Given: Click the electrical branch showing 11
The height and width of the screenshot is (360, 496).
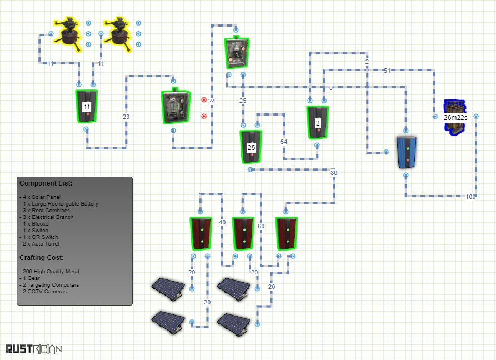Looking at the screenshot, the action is (86, 106).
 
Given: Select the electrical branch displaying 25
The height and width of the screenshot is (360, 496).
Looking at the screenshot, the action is (251, 147).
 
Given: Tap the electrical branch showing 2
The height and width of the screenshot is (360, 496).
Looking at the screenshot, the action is (317, 122).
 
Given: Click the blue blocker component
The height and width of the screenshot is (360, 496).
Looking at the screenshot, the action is (407, 152).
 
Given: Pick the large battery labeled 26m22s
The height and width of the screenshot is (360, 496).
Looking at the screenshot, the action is (455, 117).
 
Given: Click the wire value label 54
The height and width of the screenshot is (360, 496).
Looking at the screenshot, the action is (284, 142).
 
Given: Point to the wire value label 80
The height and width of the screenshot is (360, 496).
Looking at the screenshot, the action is (334, 173).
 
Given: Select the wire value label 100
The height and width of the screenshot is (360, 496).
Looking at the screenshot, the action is (470, 197).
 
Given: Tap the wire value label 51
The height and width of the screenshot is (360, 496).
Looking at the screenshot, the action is (387, 71).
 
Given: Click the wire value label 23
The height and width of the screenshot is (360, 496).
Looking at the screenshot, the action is (126, 117).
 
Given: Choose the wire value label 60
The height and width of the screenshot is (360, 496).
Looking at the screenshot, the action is (261, 226).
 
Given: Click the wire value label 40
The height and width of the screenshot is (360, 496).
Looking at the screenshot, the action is (222, 222).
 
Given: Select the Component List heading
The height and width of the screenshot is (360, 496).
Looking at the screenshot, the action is (46, 183).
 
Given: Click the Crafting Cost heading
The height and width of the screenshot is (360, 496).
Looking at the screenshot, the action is (42, 258).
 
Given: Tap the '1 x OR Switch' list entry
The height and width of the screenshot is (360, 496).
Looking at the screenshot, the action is (39, 237).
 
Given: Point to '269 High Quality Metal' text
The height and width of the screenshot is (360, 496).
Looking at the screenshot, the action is (49, 272).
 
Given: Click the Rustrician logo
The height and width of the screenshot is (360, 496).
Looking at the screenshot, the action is (34, 349).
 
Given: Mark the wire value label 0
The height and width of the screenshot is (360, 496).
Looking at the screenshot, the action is (331, 88).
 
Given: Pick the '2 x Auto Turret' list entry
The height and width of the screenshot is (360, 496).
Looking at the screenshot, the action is (39, 243).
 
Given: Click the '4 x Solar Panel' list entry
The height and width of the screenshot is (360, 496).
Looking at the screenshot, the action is (40, 197).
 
